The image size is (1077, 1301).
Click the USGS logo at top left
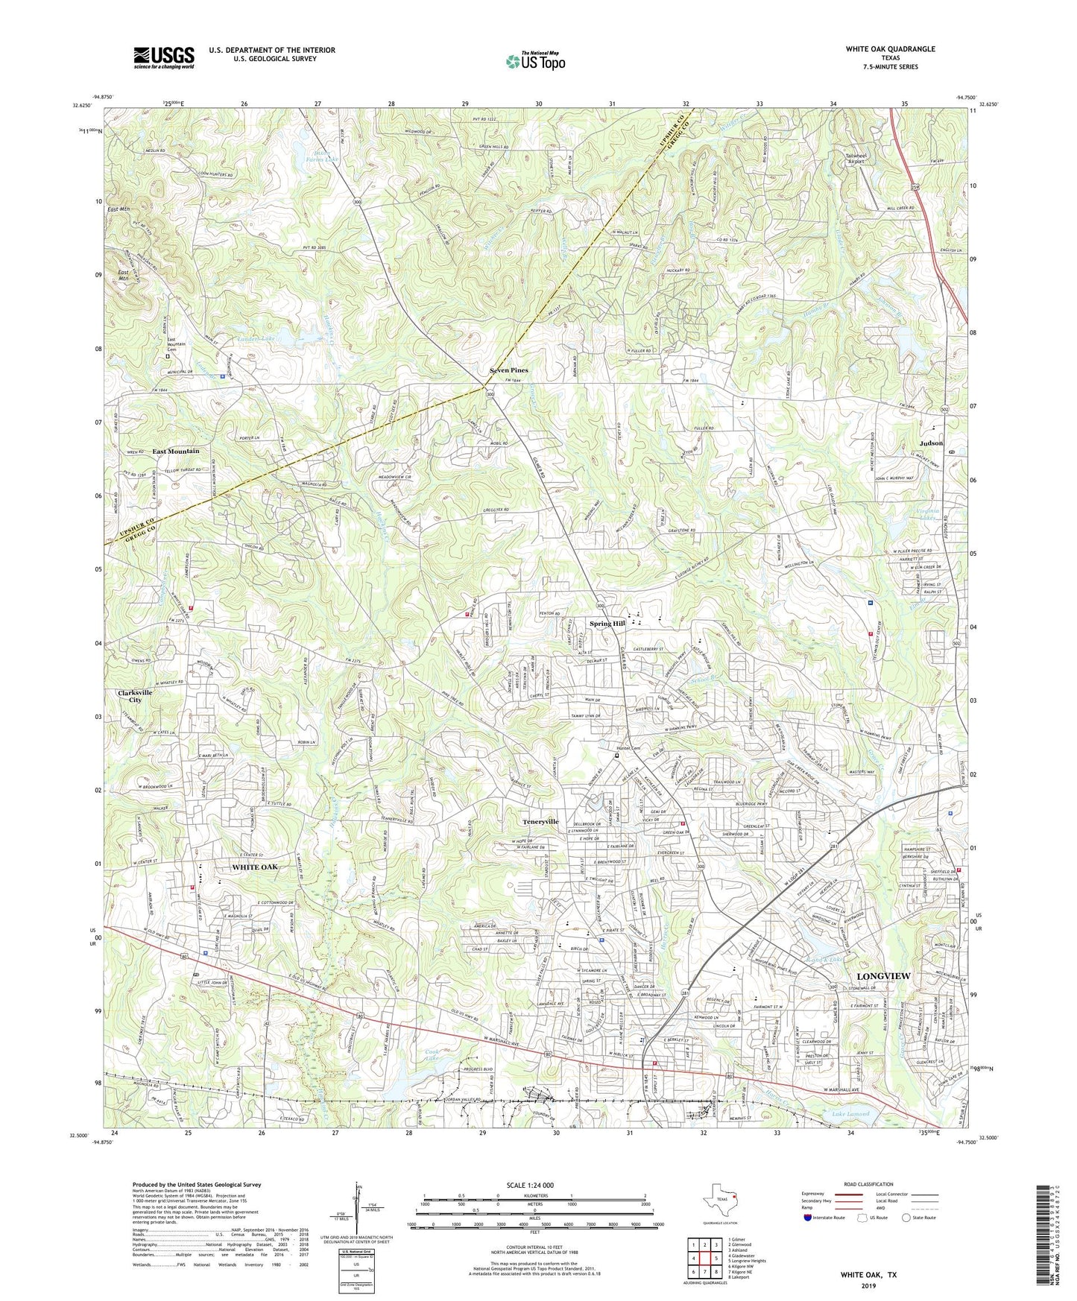(163, 57)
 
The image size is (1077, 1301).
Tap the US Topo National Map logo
(534, 60)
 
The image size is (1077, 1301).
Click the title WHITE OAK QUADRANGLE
(890, 49)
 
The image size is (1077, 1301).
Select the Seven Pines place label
(508, 370)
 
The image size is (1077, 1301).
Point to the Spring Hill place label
(607, 624)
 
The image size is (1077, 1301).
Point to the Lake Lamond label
(850, 1114)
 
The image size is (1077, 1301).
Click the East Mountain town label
(176, 452)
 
